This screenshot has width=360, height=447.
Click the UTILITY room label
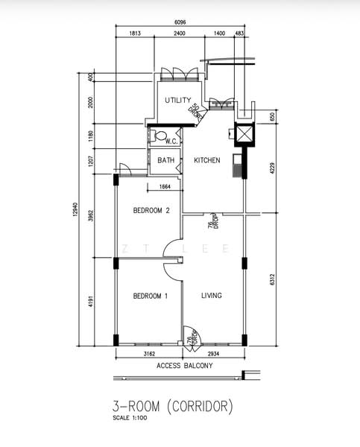(x=177, y=100)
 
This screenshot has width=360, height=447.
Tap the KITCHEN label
(x=207, y=160)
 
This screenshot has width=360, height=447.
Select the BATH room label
(x=166, y=160)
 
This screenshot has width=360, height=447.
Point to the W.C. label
(x=171, y=141)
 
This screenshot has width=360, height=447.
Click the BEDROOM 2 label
(x=151, y=210)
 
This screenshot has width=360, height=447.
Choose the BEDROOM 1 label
(x=151, y=296)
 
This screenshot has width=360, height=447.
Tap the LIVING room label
(x=212, y=295)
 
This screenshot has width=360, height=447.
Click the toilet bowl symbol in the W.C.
(x=159, y=136)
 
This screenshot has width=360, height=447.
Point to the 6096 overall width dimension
(x=180, y=22)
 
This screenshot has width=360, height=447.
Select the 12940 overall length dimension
(x=75, y=209)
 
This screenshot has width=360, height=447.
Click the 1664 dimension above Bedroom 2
(x=165, y=187)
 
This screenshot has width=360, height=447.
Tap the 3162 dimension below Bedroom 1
(x=149, y=354)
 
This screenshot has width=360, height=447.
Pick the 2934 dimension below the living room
(x=213, y=354)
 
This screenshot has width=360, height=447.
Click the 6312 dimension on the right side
(x=272, y=279)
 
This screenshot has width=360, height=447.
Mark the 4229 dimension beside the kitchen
(x=272, y=168)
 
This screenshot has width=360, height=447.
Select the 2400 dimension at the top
(x=180, y=33)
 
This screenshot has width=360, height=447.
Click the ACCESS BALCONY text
(x=185, y=366)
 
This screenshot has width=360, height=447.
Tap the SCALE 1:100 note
(x=130, y=418)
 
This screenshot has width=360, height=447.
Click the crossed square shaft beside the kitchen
(x=244, y=134)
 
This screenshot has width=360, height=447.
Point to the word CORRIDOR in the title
(x=200, y=406)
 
